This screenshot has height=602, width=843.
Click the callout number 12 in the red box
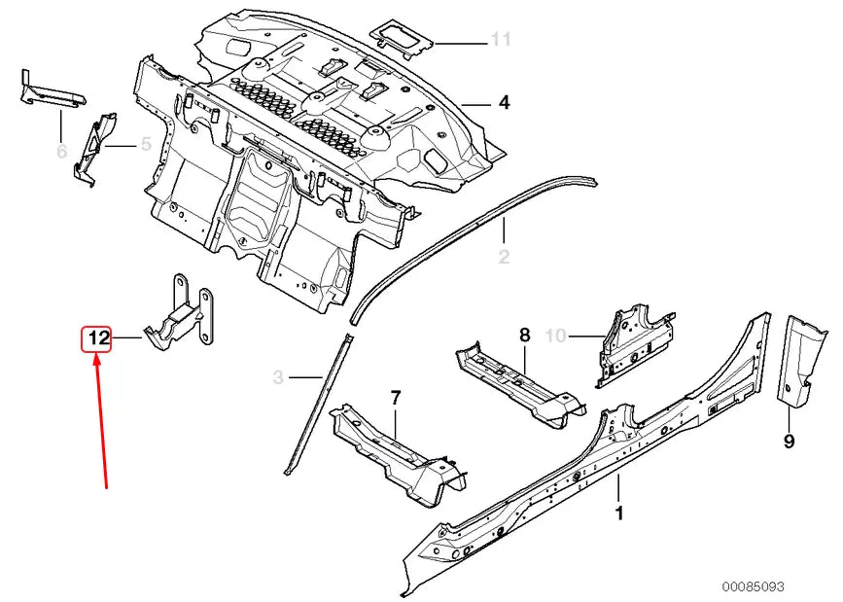click(x=97, y=339)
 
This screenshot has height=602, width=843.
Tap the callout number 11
click(x=500, y=40)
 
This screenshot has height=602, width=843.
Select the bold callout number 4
click(x=504, y=102)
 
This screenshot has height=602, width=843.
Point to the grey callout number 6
click(x=61, y=151)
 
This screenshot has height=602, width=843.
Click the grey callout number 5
click(x=145, y=145)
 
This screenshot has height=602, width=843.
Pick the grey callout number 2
click(x=504, y=257)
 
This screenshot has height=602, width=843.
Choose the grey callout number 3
click(x=278, y=376)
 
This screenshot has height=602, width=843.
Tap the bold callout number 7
click(x=395, y=397)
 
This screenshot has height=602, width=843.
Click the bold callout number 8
click(x=524, y=336)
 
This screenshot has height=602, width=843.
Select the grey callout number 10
click(x=555, y=336)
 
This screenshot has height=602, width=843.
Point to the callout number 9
click(x=788, y=442)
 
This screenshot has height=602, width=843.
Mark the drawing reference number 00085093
click(x=752, y=586)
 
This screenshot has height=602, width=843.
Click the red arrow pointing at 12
click(x=101, y=418)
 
